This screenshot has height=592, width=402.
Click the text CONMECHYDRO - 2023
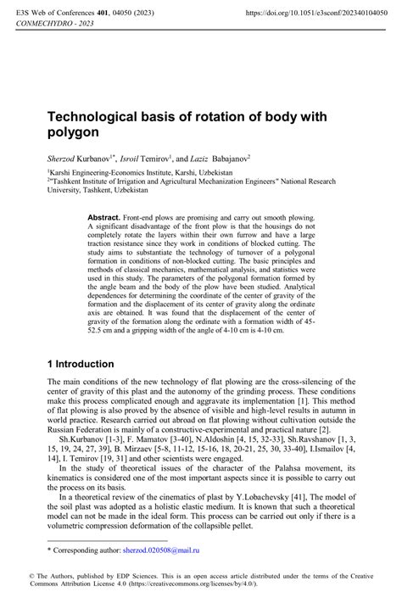pos(51,25)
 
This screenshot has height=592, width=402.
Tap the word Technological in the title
pos(103,115)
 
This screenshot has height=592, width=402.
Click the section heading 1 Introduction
pos(81,364)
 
